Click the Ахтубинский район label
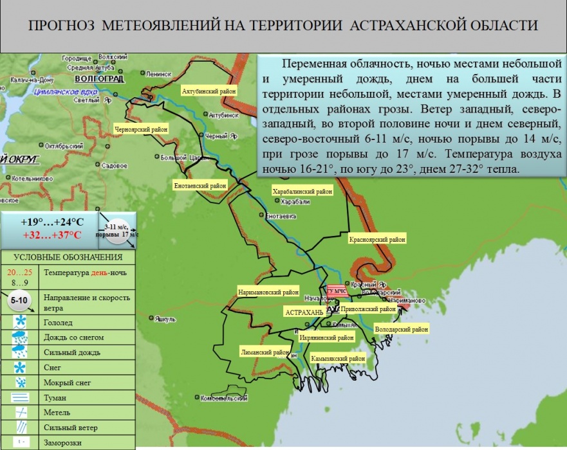[209, 91]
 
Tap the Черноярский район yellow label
[141, 129]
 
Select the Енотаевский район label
[200, 185]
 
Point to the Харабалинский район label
[302, 191]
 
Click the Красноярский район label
[378, 239]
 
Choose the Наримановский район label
[268, 291]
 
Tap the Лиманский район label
[264, 352]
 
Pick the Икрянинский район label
[326, 337]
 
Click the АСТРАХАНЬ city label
[304, 312]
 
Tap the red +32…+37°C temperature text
[52, 235]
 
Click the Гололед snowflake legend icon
[21, 321]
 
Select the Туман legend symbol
[21, 398]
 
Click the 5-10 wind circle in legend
[21, 300]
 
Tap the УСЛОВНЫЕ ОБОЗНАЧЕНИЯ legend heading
[68, 257]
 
